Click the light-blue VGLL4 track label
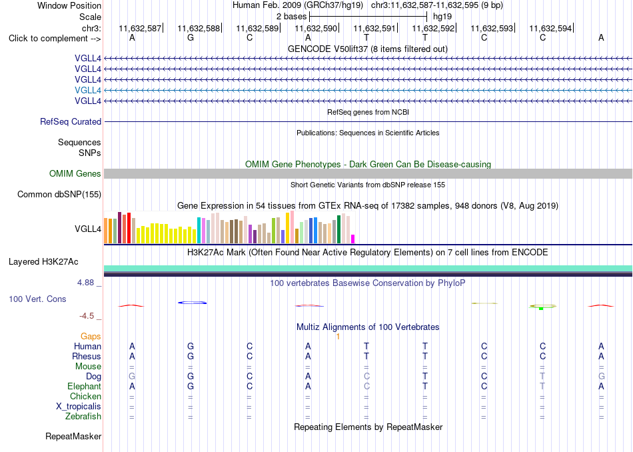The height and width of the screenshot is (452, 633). coord(87,90)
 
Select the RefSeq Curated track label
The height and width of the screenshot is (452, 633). coord(71,121)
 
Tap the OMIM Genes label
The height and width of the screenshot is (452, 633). coord(75,174)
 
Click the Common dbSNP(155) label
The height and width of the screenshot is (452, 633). coord(59,194)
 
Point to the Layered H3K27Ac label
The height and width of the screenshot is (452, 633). coord(43,262)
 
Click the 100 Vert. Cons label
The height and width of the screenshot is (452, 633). coord(37,299)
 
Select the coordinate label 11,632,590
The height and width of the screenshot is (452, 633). coord(316,28)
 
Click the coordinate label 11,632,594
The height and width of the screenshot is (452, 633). coord(550,28)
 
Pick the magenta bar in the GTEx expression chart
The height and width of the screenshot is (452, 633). coord(353,239)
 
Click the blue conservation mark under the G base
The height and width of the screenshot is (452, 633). coord(192,303)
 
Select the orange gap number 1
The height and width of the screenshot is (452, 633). coord(338,337)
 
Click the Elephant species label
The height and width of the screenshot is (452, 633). coord(85,386)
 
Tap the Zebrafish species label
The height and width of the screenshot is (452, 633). coord(83,417)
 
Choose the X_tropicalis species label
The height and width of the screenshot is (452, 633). coord(79,407)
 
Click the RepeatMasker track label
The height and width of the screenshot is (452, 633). coord(73,436)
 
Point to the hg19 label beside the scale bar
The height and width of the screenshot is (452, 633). coord(442,17)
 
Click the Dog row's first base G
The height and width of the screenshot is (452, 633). coord(132,377)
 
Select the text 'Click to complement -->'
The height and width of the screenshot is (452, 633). coord(55,39)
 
